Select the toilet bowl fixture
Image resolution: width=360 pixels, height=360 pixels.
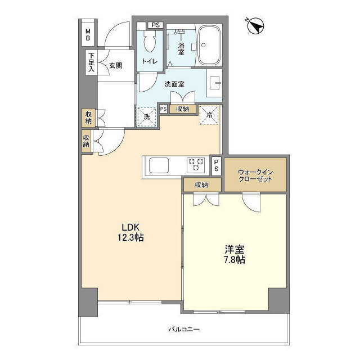[x=150, y=43]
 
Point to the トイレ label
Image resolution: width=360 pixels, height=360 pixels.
[x=150, y=62]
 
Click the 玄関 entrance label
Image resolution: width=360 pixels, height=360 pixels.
[x=115, y=65]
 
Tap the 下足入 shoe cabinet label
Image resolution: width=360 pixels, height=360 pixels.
[x=91, y=62]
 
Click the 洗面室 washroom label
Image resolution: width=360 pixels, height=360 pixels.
[x=174, y=84]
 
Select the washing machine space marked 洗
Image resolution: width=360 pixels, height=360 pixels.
[x=146, y=116]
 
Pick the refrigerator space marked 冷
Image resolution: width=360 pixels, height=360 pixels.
[x=208, y=114]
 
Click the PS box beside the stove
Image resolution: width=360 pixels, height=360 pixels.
[x=217, y=164]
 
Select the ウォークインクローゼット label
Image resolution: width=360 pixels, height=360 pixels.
[x=255, y=174]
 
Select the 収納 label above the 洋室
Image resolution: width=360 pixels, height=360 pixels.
[x=201, y=184]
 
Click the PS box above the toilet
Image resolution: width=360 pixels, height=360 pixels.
[x=155, y=25]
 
